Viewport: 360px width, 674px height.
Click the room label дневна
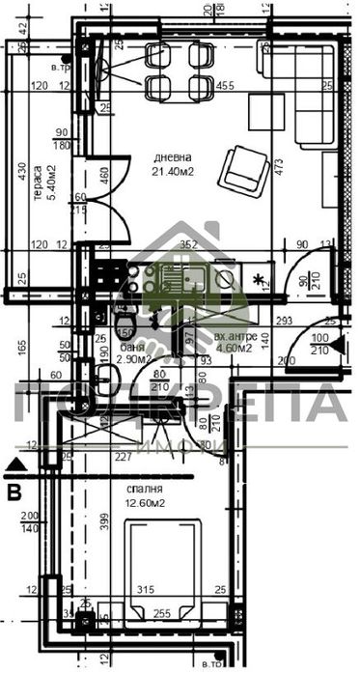(x=173, y=156)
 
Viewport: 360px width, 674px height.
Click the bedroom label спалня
(x=143, y=488)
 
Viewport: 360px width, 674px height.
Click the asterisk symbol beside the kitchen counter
(x=259, y=280)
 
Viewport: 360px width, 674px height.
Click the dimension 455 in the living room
(x=225, y=86)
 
